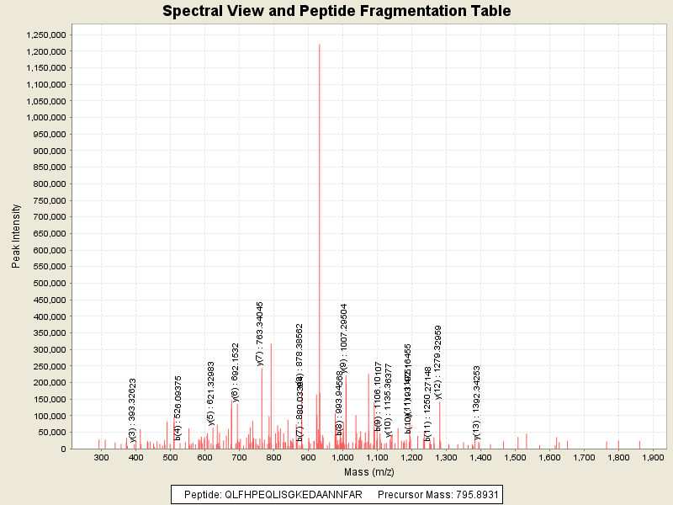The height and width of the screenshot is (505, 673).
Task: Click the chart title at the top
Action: (x=336, y=12)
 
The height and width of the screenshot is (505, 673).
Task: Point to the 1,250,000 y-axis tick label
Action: (x=46, y=35)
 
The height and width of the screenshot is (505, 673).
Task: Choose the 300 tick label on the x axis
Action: (x=102, y=457)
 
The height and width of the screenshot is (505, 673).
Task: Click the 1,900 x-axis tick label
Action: (x=653, y=457)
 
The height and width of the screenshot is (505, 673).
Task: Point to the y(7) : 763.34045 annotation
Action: (x=260, y=332)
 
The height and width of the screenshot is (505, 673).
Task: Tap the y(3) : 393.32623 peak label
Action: (x=133, y=410)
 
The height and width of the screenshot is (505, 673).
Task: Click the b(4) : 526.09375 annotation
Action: (x=178, y=408)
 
